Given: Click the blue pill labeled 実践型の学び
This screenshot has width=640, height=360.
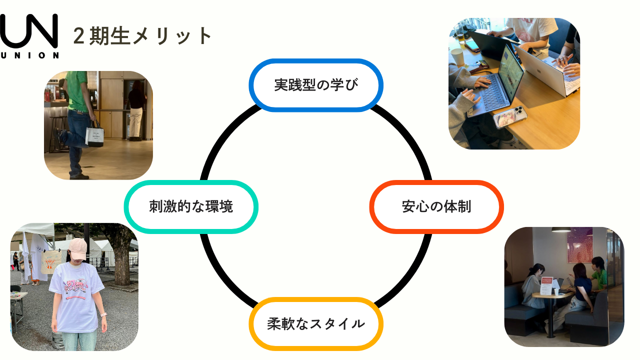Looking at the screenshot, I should [316, 85].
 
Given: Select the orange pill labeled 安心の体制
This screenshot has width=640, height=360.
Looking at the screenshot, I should [436, 206].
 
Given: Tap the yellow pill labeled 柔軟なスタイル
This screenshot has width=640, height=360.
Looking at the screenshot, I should [316, 323].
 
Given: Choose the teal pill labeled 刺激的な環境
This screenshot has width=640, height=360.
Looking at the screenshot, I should [191, 206].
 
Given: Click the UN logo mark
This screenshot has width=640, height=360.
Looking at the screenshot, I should [29, 31].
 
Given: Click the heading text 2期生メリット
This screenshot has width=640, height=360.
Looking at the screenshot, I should [143, 36].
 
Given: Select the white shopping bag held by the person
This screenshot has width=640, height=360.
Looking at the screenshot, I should [94, 135].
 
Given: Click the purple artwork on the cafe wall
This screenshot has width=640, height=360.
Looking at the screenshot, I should [579, 245].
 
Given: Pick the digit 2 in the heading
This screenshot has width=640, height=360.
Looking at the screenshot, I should [78, 36].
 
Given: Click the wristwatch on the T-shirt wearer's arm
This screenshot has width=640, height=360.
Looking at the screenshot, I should [103, 315].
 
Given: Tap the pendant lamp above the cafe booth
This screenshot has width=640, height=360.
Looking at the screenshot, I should [561, 229].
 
